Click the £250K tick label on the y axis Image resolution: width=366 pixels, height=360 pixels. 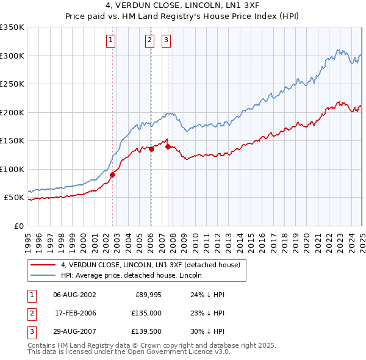click(12, 84)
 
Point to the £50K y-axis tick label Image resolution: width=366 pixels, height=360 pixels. click(13, 198)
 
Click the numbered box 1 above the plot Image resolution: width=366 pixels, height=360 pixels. click(110, 41)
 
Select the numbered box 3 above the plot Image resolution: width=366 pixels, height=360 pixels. click(166, 41)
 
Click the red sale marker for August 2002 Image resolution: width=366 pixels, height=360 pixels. click(112, 175)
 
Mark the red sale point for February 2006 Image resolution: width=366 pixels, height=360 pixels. click(152, 149)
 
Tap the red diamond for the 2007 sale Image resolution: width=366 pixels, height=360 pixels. click(168, 146)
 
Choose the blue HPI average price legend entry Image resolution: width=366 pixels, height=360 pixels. click(135, 275)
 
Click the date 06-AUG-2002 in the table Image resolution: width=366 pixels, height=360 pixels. click(74, 294)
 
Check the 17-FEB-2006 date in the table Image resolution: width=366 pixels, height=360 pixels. click(75, 314)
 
